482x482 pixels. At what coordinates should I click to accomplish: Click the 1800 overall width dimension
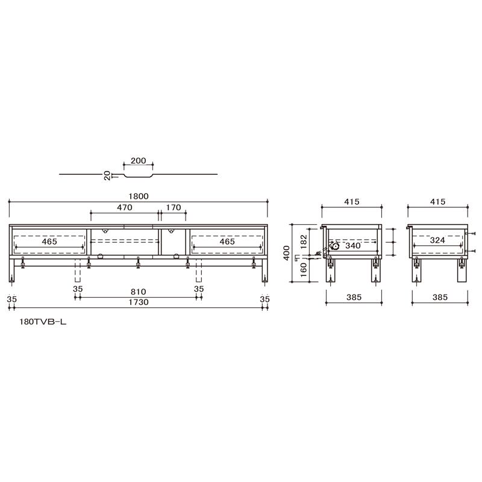click(x=139, y=196)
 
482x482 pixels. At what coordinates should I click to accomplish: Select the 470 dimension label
click(x=125, y=207)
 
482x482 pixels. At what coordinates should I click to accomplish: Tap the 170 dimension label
click(x=174, y=207)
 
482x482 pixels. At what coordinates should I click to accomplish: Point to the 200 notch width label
click(x=139, y=160)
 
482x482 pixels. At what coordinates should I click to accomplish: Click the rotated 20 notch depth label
click(x=107, y=175)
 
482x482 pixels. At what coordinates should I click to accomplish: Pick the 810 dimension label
click(x=139, y=292)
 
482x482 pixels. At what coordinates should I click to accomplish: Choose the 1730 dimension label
click(x=139, y=302)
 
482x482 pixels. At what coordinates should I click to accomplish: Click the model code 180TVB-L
click(x=43, y=322)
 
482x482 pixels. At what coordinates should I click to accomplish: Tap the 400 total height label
click(x=287, y=253)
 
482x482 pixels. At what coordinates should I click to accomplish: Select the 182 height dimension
click(x=304, y=242)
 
